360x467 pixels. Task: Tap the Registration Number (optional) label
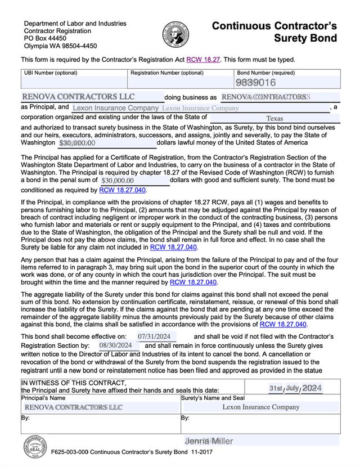point(166,73)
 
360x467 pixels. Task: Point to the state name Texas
point(274,119)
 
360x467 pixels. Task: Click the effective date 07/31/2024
point(150,336)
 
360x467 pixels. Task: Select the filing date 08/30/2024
point(115,345)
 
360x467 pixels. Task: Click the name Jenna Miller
point(208,441)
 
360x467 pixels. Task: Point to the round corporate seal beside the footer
point(35,449)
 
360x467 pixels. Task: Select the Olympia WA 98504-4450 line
point(60,46)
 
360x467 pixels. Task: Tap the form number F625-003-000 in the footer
point(70,452)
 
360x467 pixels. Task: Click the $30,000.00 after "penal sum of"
point(117,181)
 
